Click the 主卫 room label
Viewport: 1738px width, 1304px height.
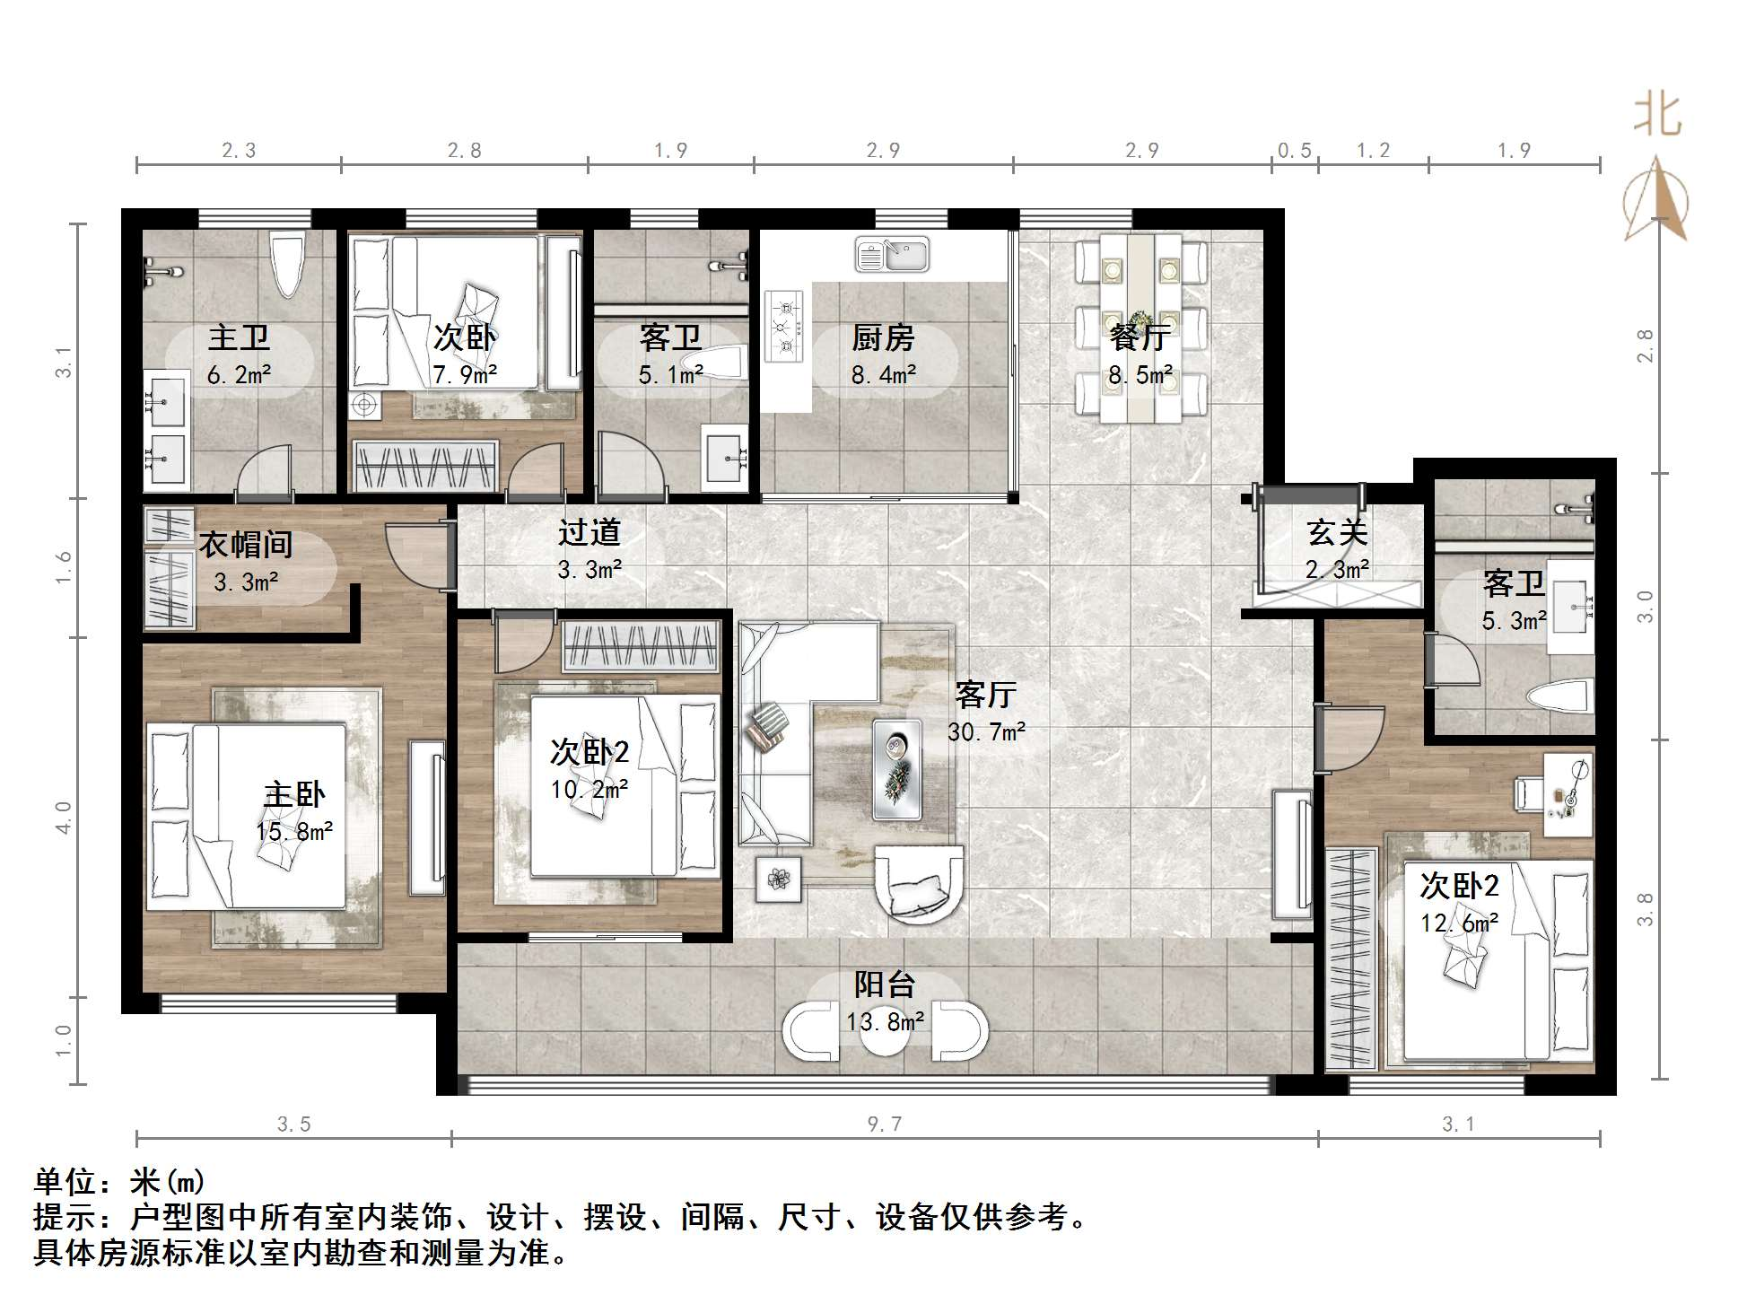pyautogui.click(x=239, y=338)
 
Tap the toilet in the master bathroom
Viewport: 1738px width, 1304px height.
pyautogui.click(x=288, y=264)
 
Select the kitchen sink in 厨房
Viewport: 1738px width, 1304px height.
pyautogui.click(x=892, y=254)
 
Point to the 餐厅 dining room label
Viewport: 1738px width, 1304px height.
pyautogui.click(x=1140, y=337)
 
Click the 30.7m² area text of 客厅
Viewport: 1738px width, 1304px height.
pyautogui.click(x=987, y=732)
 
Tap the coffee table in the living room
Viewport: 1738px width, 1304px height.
pyautogui.click(x=897, y=769)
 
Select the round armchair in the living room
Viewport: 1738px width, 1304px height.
pyautogui.click(x=919, y=884)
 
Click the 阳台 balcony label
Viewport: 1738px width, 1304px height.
pyautogui.click(x=885, y=985)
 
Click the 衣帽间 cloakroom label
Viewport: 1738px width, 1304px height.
pyautogui.click(x=246, y=544)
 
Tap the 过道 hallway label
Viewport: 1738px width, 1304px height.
pyautogui.click(x=590, y=532)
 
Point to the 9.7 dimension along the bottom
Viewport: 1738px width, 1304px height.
pyautogui.click(x=885, y=1124)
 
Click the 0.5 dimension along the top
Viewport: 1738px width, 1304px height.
pyautogui.click(x=1295, y=151)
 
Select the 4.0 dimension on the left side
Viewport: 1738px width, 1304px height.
pyautogui.click(x=63, y=818)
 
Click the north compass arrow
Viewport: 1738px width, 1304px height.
pyautogui.click(x=1656, y=197)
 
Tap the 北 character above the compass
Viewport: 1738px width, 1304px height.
pyautogui.click(x=1656, y=115)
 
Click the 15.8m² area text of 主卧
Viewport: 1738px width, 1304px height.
pyautogui.click(x=294, y=832)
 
